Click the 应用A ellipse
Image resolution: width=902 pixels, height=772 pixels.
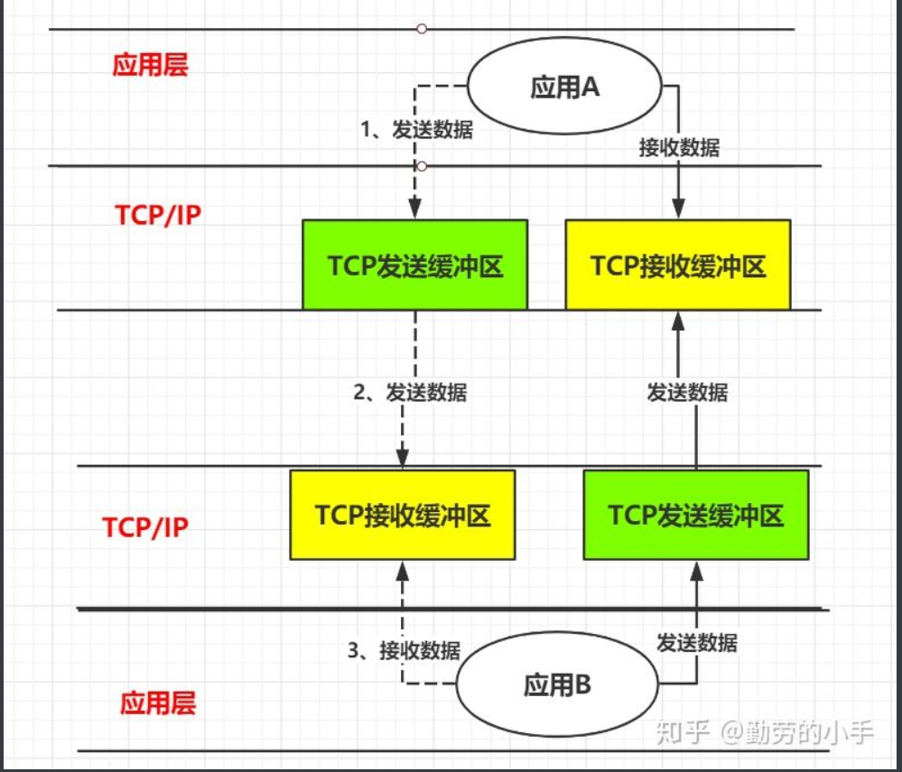pyautogui.click(x=564, y=88)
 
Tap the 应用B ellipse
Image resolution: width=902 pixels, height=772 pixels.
pyautogui.click(x=557, y=684)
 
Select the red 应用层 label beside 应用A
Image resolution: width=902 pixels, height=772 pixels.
pyautogui.click(x=150, y=65)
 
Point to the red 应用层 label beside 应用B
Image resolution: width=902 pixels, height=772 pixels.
pyautogui.click(x=157, y=702)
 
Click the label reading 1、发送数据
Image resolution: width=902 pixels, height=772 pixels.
pyautogui.click(x=416, y=129)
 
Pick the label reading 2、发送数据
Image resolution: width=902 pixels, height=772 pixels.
pyautogui.click(x=410, y=393)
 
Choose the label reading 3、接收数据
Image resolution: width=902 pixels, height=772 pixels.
pyautogui.click(x=404, y=650)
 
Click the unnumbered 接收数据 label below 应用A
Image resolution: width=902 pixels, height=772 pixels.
pyautogui.click(x=679, y=148)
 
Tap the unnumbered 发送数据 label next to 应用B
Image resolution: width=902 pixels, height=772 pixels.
pyautogui.click(x=696, y=643)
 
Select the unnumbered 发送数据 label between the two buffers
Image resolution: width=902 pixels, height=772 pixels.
pyautogui.click(x=687, y=393)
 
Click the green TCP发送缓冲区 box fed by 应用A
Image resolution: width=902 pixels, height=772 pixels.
pyautogui.click(x=414, y=265)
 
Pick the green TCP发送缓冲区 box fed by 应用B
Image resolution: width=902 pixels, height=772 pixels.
pyautogui.click(x=696, y=515)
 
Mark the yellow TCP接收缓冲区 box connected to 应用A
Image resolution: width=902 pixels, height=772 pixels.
pyautogui.click(x=678, y=265)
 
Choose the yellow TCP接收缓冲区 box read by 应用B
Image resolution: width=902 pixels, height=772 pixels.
pyautogui.click(x=403, y=515)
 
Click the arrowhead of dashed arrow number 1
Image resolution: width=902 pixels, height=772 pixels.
pyautogui.click(x=414, y=211)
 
